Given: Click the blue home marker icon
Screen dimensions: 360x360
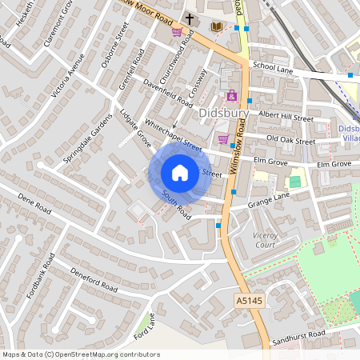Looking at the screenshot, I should click(180, 173).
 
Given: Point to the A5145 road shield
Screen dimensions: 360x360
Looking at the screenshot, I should click(248, 300).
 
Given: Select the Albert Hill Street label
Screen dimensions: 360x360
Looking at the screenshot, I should click(286, 117).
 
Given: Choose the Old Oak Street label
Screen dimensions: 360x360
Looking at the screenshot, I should click(290, 139).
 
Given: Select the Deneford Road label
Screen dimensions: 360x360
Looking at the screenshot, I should click(94, 282).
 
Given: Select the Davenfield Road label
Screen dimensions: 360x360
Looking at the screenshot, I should click(169, 92).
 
